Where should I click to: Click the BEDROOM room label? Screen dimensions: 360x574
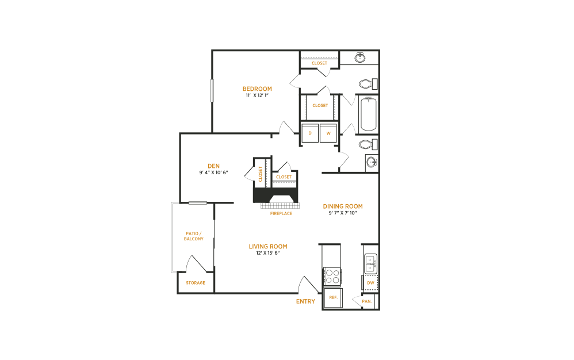(257, 89)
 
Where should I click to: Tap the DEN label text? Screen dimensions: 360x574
(213, 166)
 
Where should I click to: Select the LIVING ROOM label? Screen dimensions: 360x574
(268, 247)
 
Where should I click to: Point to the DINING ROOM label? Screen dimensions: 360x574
(342, 206)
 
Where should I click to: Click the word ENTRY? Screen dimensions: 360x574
(305, 301)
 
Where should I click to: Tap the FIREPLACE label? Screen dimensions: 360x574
(281, 213)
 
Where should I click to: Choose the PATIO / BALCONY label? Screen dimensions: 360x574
(194, 235)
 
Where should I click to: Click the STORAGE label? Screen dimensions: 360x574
(196, 283)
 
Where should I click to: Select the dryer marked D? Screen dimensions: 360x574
(311, 133)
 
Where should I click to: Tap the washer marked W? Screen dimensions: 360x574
(328, 133)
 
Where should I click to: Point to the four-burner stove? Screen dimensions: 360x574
(332, 277)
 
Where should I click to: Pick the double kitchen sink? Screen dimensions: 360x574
(370, 263)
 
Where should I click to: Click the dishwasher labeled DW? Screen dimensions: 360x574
(370, 283)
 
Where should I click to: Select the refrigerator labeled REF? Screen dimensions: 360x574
(332, 298)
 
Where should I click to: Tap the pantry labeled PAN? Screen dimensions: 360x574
(367, 301)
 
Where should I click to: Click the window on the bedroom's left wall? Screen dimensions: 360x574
(212, 90)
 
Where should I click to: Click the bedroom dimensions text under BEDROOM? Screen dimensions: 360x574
(257, 95)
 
